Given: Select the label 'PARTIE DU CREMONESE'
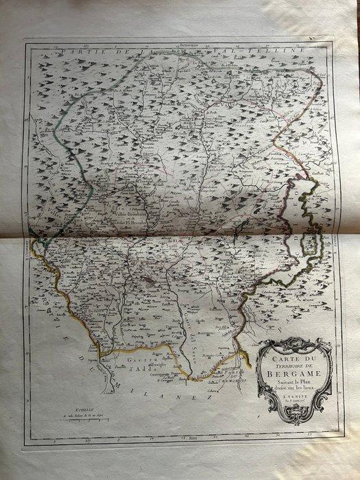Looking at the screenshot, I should (236, 376).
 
